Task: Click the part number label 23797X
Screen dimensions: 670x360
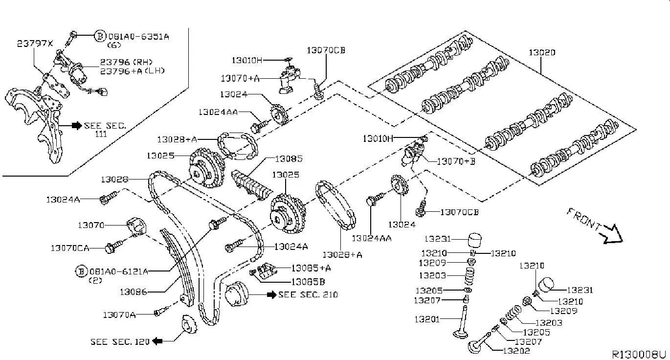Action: tap(35, 44)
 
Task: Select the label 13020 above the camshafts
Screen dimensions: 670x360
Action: tap(542, 52)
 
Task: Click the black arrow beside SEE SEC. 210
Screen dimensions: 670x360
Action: tap(271, 295)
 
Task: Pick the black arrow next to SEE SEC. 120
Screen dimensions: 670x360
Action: tap(157, 341)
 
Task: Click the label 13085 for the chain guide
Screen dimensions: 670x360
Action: tap(289, 158)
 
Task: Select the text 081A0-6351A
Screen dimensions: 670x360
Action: tap(138, 37)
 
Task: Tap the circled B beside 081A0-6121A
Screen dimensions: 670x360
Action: tap(81, 271)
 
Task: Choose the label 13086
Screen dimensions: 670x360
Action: tap(134, 292)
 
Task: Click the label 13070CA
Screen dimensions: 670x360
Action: tap(70, 248)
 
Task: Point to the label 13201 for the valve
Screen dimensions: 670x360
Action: tap(427, 319)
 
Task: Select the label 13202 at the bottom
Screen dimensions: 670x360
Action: tap(516, 351)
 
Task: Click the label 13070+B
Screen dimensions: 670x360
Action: tap(456, 161)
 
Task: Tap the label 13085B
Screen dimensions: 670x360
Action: tap(309, 282)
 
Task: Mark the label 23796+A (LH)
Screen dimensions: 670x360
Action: tap(132, 71)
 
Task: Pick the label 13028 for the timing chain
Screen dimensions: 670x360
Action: tap(114, 180)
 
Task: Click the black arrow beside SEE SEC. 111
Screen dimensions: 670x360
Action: tap(77, 126)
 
